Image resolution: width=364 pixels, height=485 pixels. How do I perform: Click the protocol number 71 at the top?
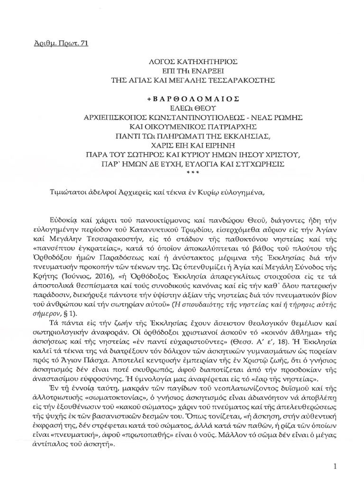click(x=84, y=44)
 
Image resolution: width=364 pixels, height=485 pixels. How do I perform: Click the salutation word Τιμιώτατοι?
click(x=69, y=192)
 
